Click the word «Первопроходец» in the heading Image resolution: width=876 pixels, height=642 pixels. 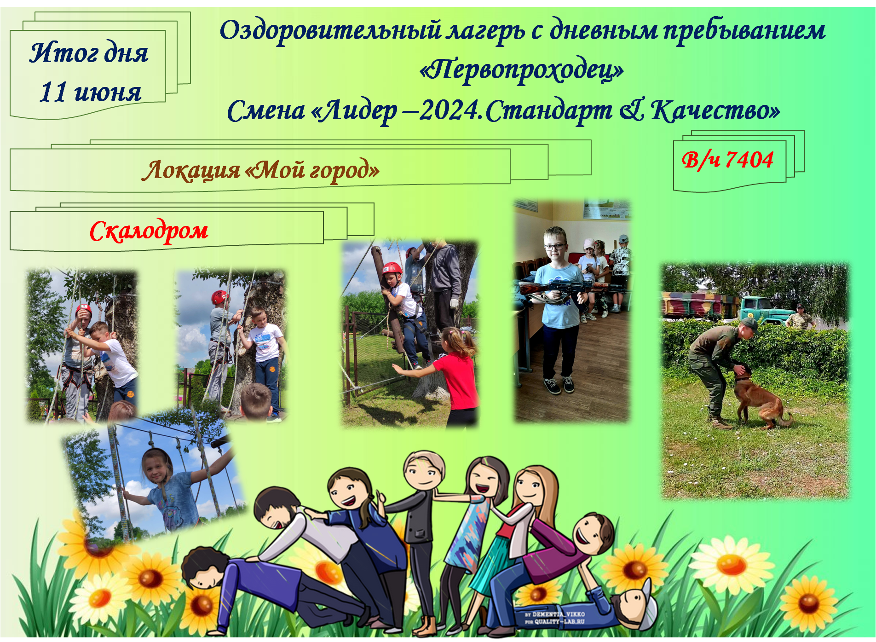pyautogui.click(x=522, y=70)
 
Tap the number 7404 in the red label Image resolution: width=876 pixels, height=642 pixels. pyautogui.click(x=749, y=160)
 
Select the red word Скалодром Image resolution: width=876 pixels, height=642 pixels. pyautogui.click(x=149, y=231)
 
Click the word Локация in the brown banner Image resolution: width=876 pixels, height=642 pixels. pyautogui.click(x=190, y=170)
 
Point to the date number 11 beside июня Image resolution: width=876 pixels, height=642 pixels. pyautogui.click(x=54, y=92)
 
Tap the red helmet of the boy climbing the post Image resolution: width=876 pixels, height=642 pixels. pyautogui.click(x=392, y=268)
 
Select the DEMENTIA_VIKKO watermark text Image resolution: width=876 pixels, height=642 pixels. pyautogui.click(x=555, y=614)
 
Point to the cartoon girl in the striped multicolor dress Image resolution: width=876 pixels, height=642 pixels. pyautogui.click(x=478, y=529)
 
